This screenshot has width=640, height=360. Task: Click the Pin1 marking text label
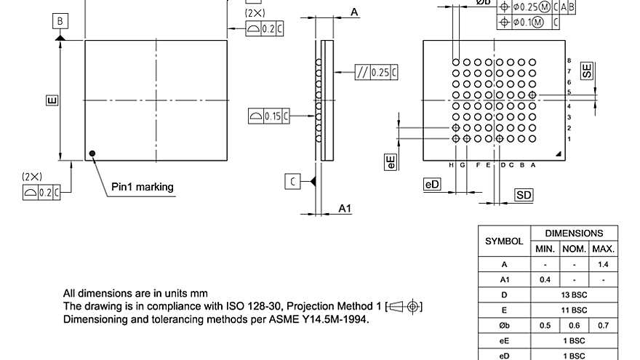tap(143, 187)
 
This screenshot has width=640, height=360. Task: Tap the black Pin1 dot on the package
tap(92, 153)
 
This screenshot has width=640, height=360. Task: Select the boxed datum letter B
tap(60, 21)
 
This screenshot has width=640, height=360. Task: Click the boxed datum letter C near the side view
tap(292, 181)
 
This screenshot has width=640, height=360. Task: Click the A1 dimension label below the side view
tap(345, 209)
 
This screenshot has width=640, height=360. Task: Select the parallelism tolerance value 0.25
tap(380, 72)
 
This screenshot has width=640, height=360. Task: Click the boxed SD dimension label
tap(524, 195)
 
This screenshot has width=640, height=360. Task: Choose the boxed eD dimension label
tap(432, 185)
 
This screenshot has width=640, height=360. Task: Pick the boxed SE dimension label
tap(586, 71)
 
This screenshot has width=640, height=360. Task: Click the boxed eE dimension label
tap(391, 162)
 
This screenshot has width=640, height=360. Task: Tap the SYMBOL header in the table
tap(504, 241)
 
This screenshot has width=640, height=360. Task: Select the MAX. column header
tap(603, 249)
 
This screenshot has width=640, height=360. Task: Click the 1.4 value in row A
tap(603, 264)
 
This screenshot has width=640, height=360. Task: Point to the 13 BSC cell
tap(575, 295)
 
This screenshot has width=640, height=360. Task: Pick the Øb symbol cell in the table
tap(504, 325)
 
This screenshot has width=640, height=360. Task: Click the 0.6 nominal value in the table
tap(575, 325)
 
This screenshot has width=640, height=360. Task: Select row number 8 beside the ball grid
tap(569, 60)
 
